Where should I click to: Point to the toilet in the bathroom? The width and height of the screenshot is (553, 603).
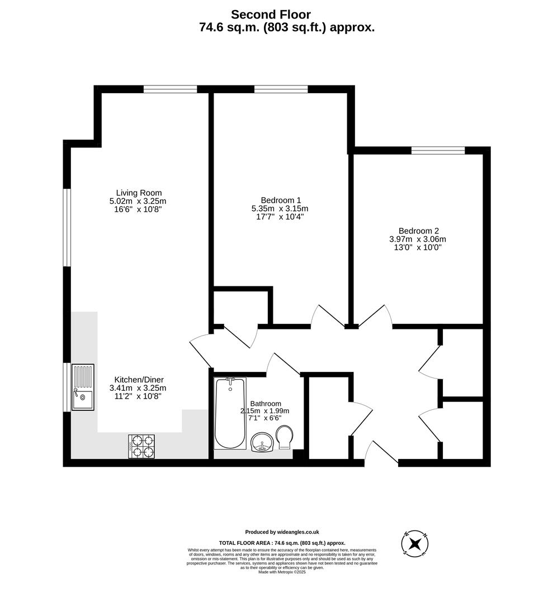pos(285,438)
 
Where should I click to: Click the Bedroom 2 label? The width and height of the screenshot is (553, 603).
pos(418,231)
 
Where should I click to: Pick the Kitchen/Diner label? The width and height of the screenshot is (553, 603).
pos(139,379)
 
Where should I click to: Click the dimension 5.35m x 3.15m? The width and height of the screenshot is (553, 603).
pos(280,209)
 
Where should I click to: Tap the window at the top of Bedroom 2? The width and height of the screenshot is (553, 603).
pos(438,150)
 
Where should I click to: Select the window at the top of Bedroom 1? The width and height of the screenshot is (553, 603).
pos(281,89)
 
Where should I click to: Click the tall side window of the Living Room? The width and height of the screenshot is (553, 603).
pos(67,227)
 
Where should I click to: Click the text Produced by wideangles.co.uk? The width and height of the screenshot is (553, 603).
pos(282,532)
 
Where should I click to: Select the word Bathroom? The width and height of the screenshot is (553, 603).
pos(266,404)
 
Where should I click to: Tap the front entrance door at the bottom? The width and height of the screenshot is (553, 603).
pos(382,452)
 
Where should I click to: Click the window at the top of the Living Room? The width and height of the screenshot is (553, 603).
pos(170,89)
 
